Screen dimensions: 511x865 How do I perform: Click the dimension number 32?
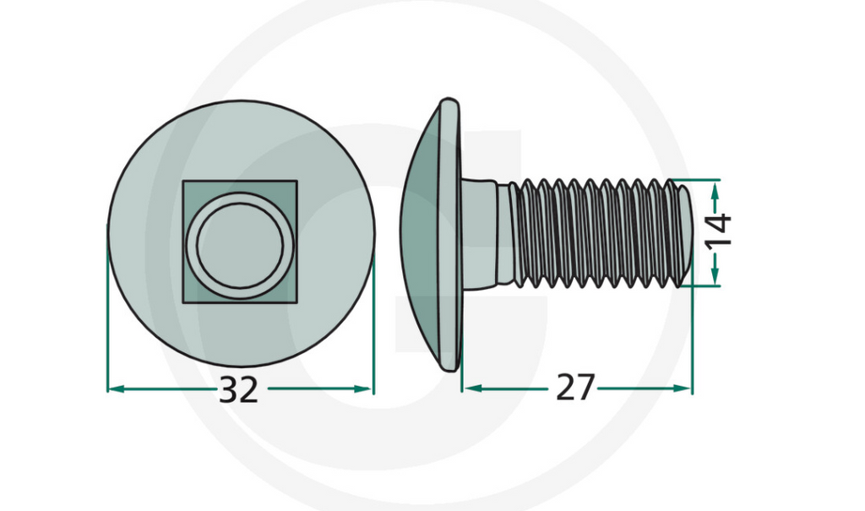(x=238, y=390)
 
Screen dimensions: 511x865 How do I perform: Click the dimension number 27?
(x=575, y=389)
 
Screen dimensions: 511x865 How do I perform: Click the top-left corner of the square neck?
(x=184, y=182)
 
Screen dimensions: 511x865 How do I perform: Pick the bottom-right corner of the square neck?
(x=296, y=301)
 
